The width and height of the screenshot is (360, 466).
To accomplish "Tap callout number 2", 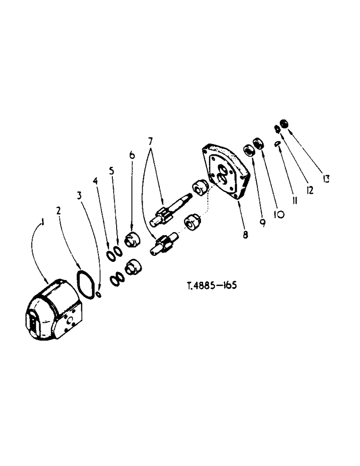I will [x=59, y=211].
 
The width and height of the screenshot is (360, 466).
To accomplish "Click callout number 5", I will [x=111, y=171].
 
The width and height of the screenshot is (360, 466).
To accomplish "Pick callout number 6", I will [x=132, y=154].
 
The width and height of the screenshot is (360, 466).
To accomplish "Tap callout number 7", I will [x=150, y=140].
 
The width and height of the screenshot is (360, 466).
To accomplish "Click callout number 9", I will [x=263, y=223].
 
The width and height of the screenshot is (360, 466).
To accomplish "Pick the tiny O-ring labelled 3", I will [x=98, y=295].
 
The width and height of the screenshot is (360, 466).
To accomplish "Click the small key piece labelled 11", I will [x=277, y=144].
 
